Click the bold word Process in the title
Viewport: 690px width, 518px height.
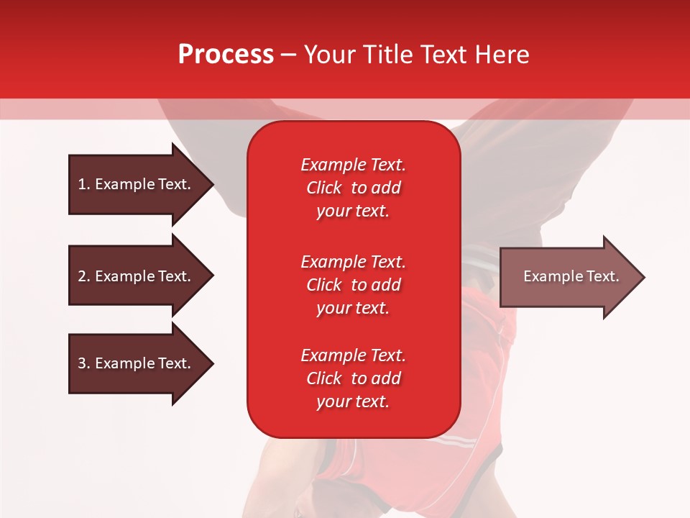click(226, 55)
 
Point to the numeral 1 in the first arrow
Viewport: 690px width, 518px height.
click(82, 184)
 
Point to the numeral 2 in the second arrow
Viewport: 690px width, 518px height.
click(82, 276)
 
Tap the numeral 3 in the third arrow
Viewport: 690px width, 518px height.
click(82, 363)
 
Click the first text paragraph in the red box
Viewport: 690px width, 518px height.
click(353, 188)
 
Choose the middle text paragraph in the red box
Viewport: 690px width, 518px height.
click(353, 285)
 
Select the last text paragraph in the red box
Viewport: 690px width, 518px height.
click(353, 378)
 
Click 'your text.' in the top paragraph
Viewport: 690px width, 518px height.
click(353, 212)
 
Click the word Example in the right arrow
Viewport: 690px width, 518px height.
click(548, 276)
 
